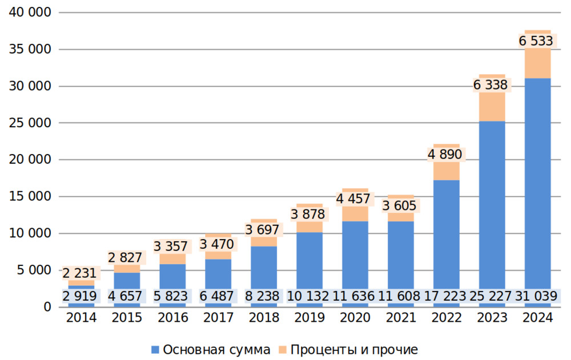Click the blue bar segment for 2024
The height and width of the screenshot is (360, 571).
(537, 183)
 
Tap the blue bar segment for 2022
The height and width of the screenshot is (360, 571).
(446, 234)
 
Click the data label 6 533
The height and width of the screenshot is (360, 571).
(536, 41)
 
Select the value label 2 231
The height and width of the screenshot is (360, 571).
(80, 273)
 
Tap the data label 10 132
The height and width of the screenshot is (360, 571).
(309, 296)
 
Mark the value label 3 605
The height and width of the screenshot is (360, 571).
(399, 205)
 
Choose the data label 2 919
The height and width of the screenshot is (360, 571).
(80, 296)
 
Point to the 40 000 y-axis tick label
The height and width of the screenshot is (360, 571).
(27, 13)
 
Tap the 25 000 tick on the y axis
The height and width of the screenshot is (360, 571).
(27, 123)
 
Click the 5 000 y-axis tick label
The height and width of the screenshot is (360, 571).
(31, 270)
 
